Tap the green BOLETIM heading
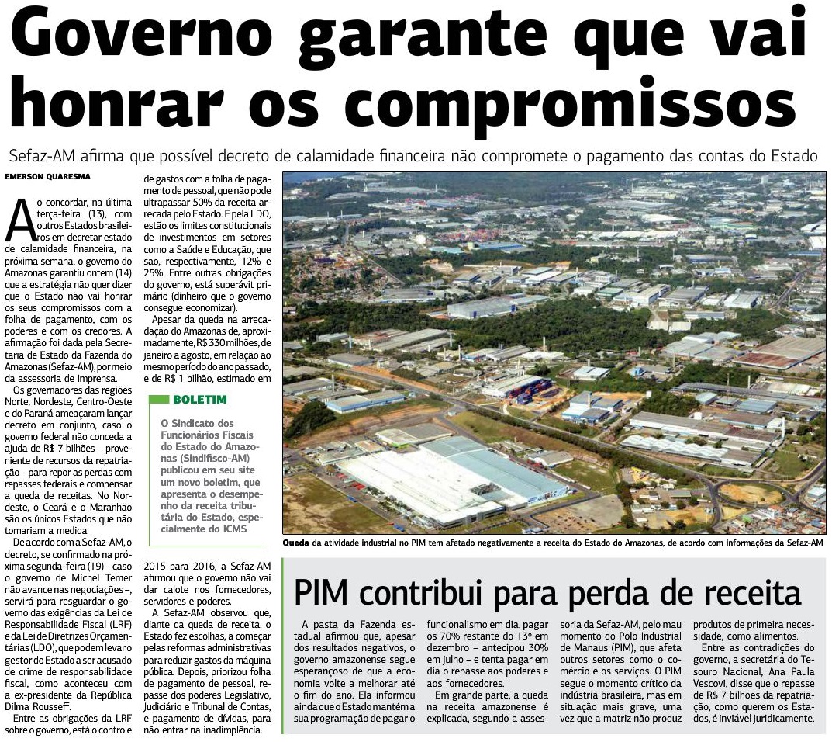200,400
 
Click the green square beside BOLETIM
159,400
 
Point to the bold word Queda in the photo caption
296,543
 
